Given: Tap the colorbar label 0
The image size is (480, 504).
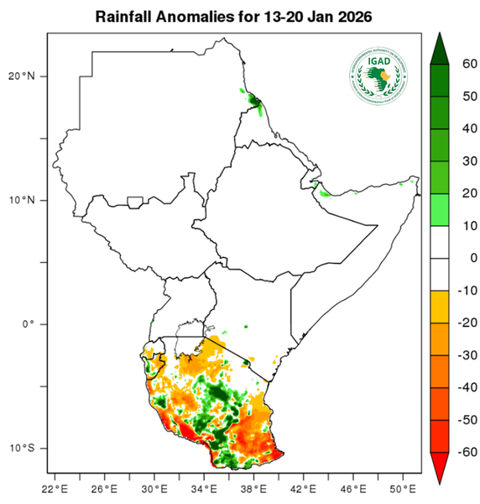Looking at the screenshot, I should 470,259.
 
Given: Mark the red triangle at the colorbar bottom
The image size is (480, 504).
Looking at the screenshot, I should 441,467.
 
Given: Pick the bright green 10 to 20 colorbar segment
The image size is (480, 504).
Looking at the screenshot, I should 441,210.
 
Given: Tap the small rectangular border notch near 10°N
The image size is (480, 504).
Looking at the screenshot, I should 134,202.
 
